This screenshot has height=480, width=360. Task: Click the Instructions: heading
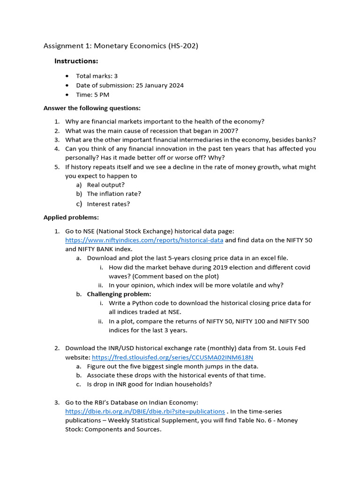(x=76, y=61)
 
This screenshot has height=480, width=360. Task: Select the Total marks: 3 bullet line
(x=97, y=76)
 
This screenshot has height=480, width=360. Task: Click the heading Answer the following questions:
(x=92, y=108)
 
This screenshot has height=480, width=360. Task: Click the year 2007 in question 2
(x=230, y=131)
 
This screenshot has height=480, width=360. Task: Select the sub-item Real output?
(x=105, y=185)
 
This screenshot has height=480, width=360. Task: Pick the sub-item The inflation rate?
(x=114, y=194)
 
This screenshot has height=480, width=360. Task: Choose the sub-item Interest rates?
(x=108, y=204)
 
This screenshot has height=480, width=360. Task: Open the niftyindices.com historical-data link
(x=144, y=240)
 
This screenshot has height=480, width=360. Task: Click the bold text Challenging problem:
(x=119, y=294)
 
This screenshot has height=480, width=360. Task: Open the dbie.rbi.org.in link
(x=145, y=411)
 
